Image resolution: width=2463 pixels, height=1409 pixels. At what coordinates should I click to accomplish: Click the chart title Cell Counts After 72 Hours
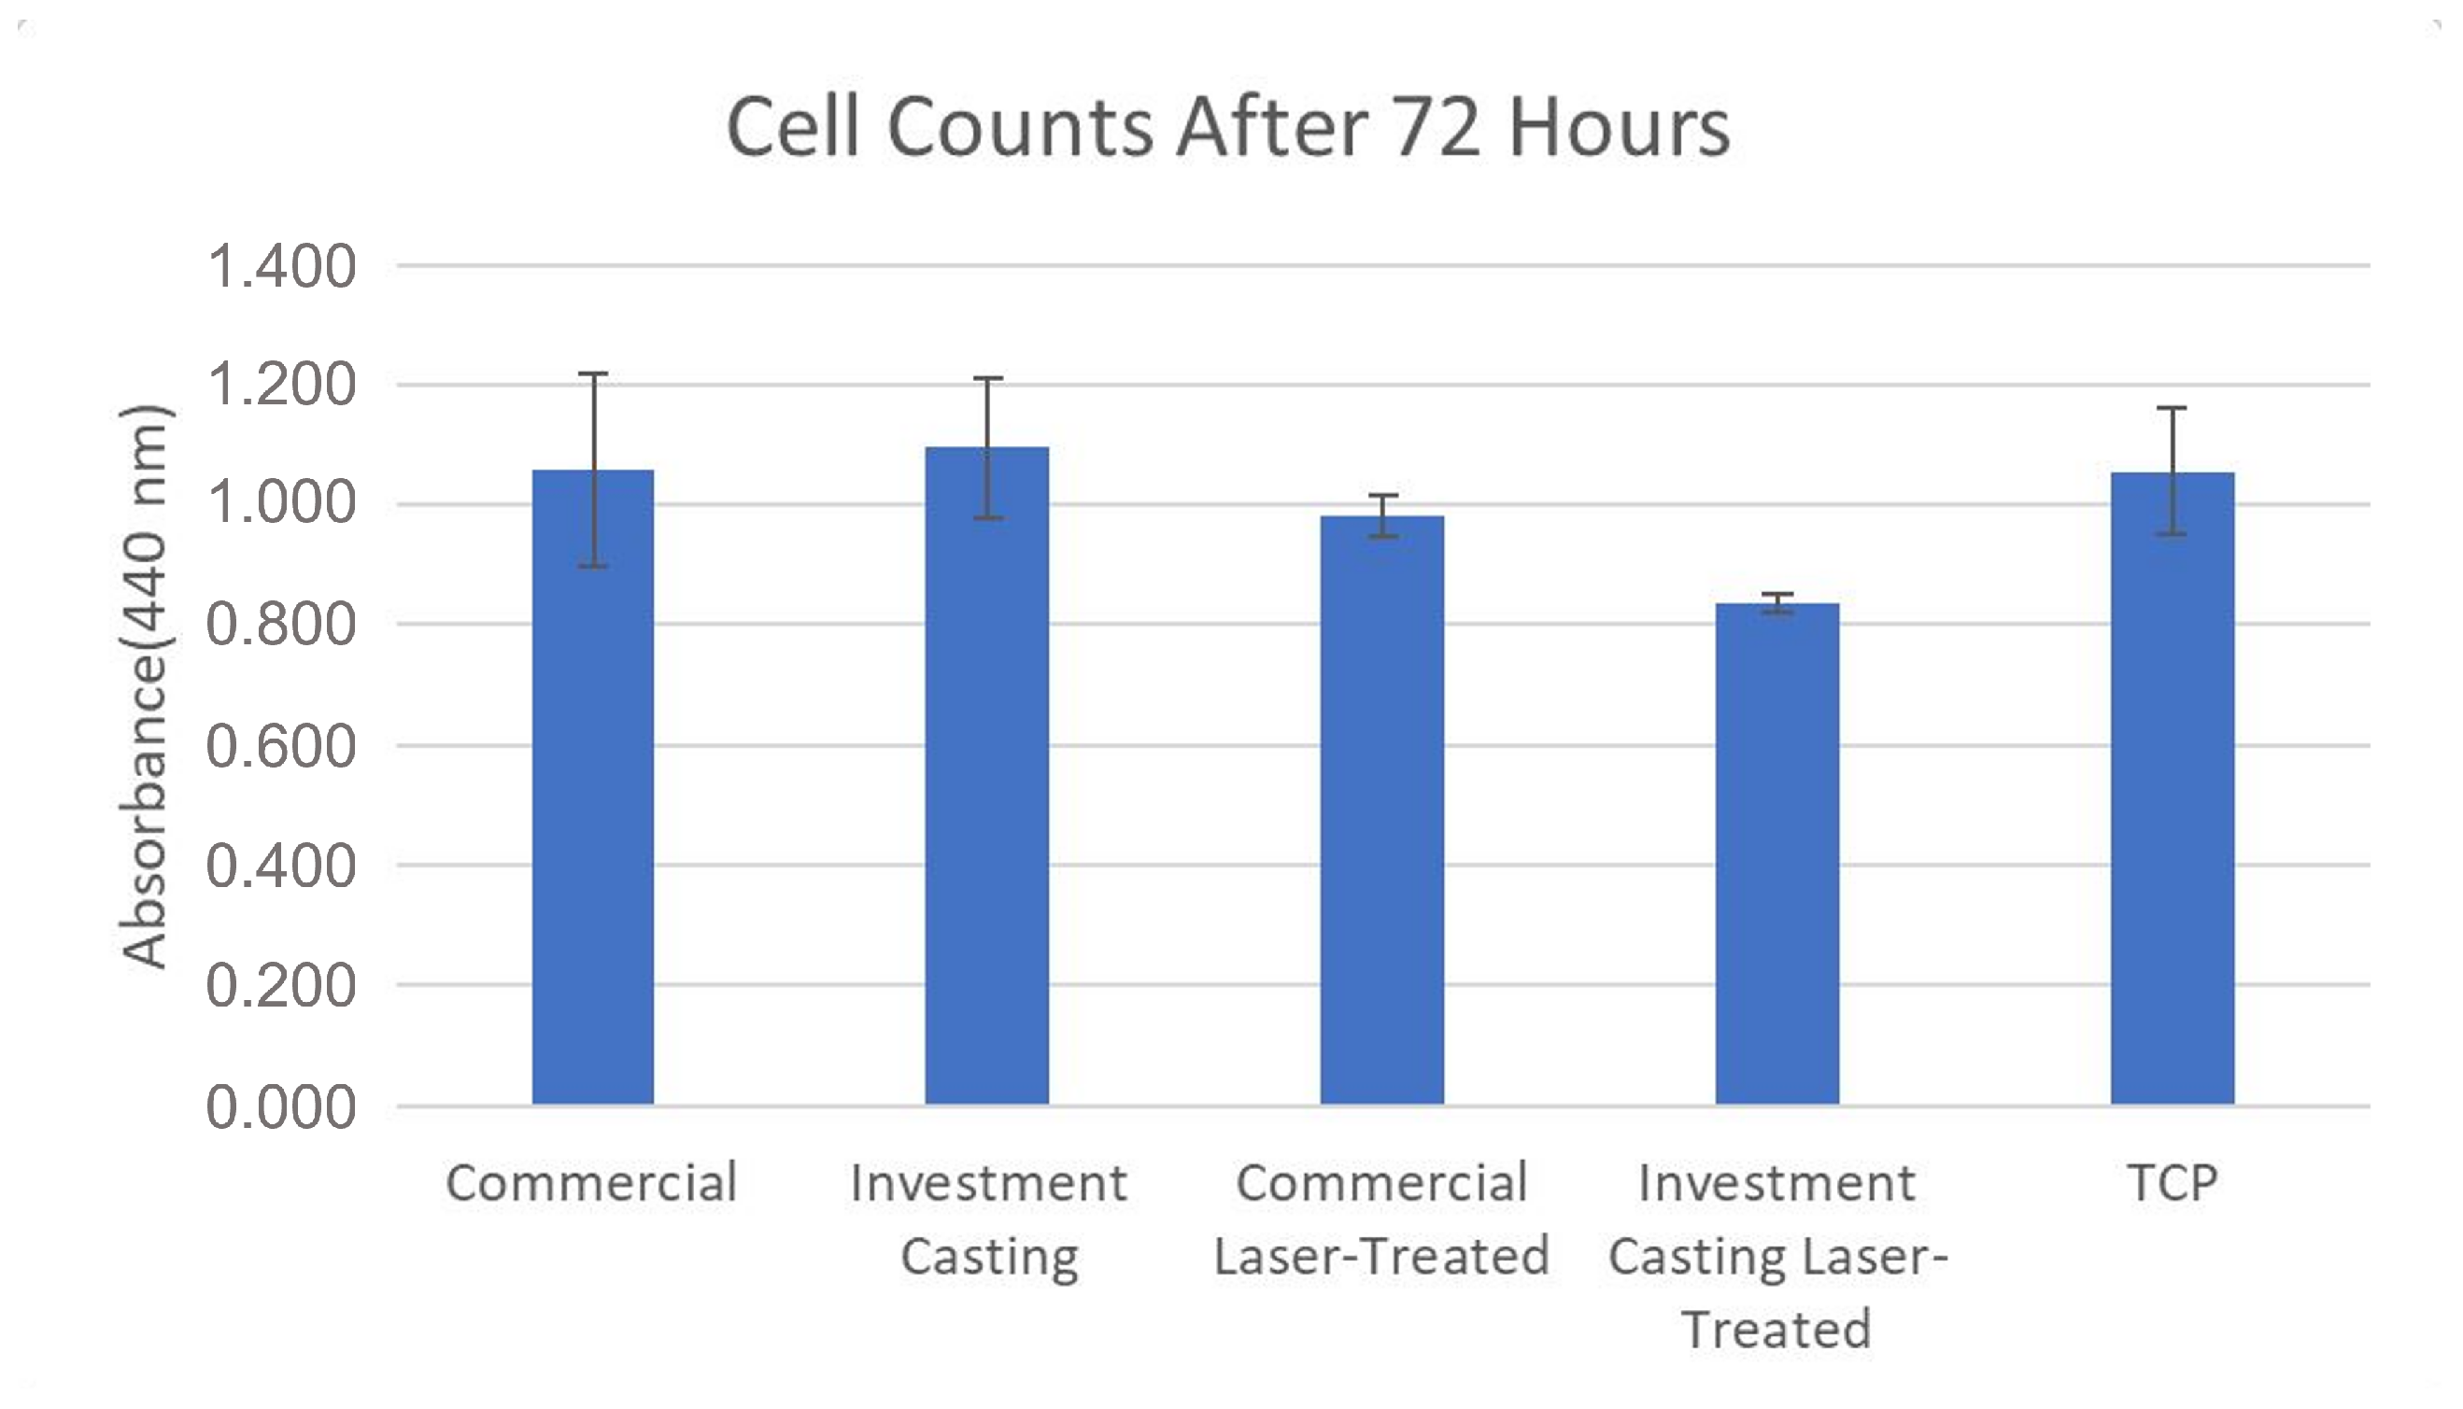click(1227, 128)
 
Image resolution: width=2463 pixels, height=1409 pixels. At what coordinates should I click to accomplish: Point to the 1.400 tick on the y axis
click(280, 267)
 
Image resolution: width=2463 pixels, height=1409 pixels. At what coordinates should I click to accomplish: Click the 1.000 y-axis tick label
click(280, 505)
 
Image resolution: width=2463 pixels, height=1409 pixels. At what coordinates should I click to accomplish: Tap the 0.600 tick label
click(280, 746)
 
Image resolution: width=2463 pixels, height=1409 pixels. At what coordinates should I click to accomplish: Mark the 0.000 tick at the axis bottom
click(280, 1107)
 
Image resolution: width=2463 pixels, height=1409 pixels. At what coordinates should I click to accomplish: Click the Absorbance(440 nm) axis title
click(145, 687)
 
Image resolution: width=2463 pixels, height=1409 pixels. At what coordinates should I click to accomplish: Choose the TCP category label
click(2172, 1182)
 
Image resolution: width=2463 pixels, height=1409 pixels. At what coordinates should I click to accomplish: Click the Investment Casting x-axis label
click(988, 1219)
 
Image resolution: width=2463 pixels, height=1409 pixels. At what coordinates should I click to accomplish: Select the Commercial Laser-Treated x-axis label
click(1381, 1219)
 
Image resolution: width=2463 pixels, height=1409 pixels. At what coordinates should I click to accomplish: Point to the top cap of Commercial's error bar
click(592, 373)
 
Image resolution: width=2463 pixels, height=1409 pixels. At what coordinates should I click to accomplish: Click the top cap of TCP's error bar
click(2172, 408)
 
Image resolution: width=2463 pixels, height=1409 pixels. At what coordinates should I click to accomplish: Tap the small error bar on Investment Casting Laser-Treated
click(1776, 603)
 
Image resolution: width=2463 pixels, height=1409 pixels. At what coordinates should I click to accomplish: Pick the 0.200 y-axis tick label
click(280, 986)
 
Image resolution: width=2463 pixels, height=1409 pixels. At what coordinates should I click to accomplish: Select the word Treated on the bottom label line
click(1776, 1330)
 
